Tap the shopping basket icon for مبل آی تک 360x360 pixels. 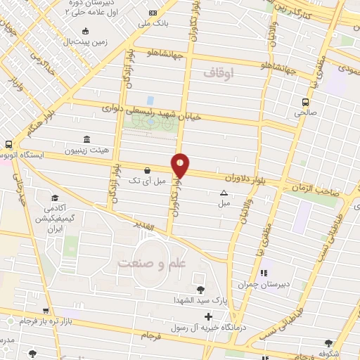(147, 170)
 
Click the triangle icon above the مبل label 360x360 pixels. (224, 193)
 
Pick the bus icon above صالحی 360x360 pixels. (304, 101)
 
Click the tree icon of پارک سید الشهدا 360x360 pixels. (200, 289)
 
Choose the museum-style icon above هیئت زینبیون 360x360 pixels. (86, 138)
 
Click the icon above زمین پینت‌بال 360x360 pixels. (86, 30)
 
